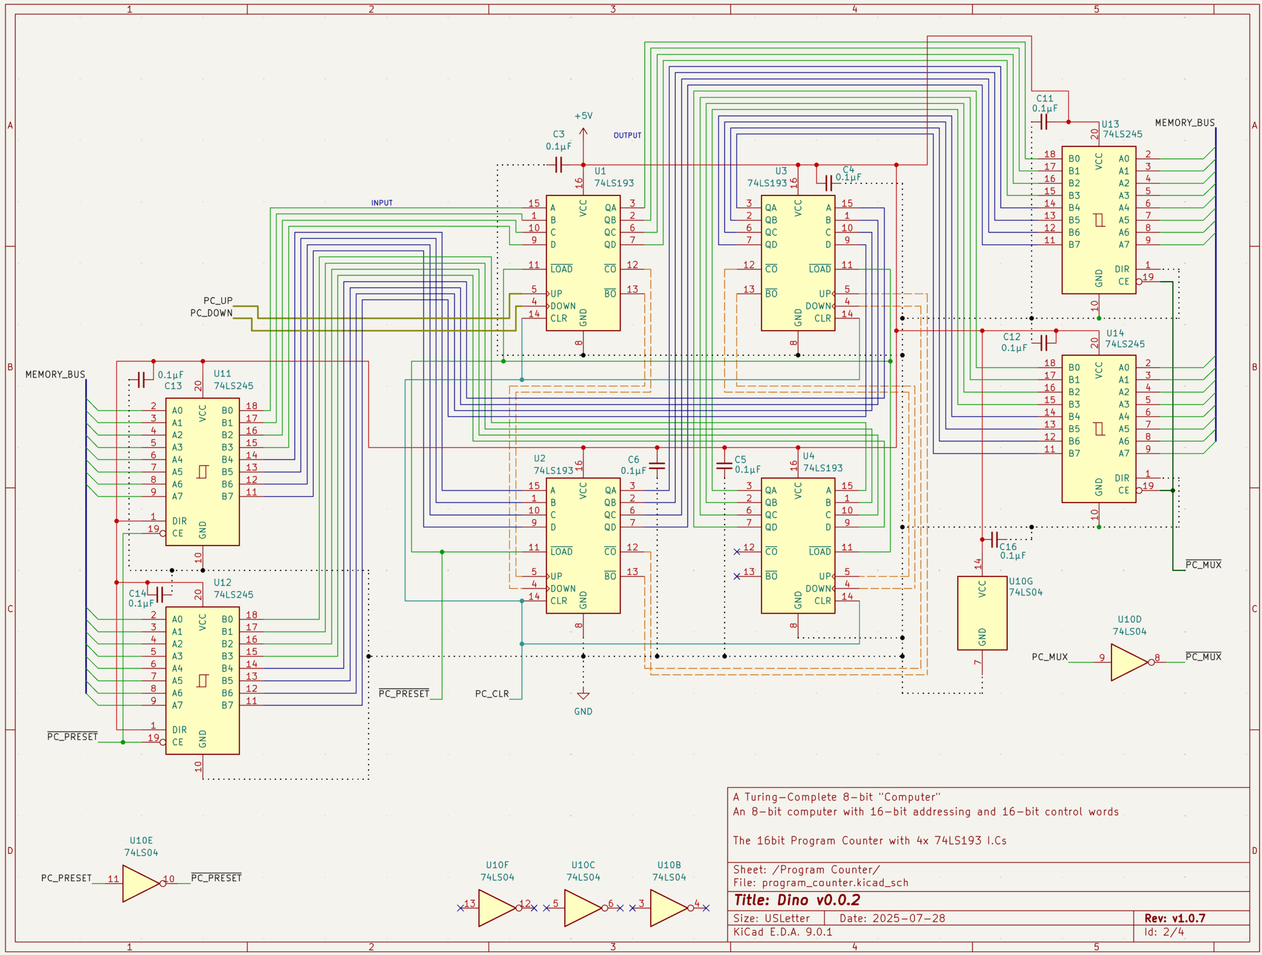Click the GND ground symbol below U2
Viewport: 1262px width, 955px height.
[x=583, y=696]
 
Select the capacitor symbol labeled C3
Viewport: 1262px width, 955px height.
[x=559, y=165]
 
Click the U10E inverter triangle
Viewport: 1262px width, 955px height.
[x=140, y=883]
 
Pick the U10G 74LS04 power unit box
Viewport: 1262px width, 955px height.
[x=982, y=613]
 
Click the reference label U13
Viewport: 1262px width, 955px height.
[x=1110, y=124]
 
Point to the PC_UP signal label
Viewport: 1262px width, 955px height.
[x=218, y=300]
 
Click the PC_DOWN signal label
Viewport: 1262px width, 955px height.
[x=211, y=313]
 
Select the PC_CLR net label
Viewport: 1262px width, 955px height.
[x=491, y=694]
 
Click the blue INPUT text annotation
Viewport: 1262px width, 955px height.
[x=382, y=203]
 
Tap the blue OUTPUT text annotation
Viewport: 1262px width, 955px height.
[x=627, y=135]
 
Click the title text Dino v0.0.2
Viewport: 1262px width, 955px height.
[x=797, y=900]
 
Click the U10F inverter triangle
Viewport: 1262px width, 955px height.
[x=496, y=908]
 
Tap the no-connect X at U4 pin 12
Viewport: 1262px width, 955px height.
[x=736, y=551]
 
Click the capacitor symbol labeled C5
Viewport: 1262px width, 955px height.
[x=724, y=466]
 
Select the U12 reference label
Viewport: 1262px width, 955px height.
[x=222, y=582]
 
